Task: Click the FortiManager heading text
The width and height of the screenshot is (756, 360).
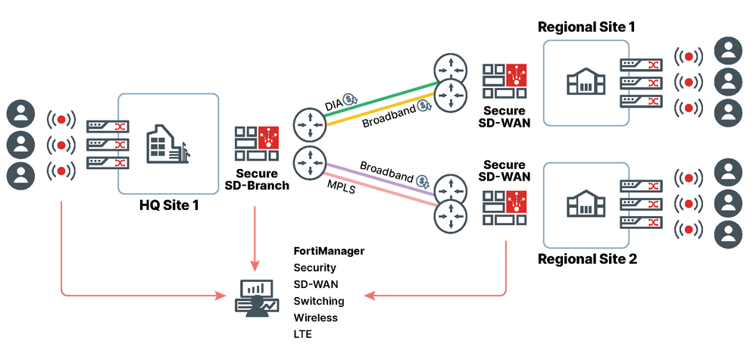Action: point(329,250)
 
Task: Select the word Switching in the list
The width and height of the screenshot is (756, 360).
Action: point(319,301)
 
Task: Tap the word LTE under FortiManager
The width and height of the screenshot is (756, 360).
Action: point(302,334)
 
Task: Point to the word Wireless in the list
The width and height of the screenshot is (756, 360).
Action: point(316,318)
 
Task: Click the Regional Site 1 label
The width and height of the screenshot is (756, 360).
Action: point(586,27)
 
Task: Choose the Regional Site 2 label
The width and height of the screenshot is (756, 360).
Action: point(587,259)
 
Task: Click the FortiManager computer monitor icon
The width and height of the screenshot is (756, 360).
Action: point(255,296)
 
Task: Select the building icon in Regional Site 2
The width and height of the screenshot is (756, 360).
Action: point(583,202)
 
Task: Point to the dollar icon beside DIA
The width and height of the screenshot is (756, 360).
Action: point(351,99)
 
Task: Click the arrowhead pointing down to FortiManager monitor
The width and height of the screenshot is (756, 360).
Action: point(255,266)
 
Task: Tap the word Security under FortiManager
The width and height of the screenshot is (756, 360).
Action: point(314,268)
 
